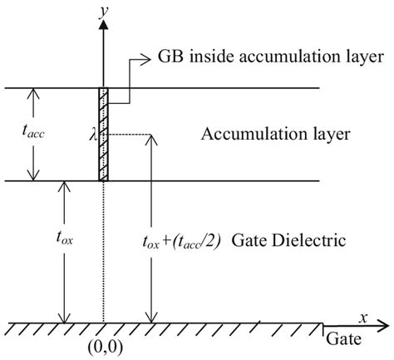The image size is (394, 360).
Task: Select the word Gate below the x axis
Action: [x=342, y=341]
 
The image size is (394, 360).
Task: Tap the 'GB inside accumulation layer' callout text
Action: [x=271, y=57]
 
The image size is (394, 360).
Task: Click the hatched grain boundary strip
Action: [x=103, y=133]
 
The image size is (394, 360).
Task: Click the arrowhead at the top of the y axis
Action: [x=103, y=24]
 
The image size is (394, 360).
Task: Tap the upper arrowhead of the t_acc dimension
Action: [x=33, y=91]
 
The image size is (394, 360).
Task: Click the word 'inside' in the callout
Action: [x=212, y=57]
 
